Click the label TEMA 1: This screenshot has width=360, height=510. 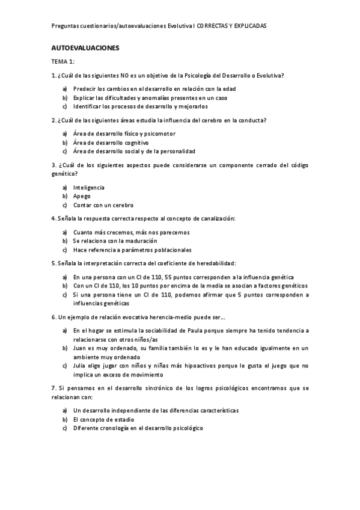(63, 62)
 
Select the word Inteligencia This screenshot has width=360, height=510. (88, 188)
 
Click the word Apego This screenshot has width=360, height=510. (82, 196)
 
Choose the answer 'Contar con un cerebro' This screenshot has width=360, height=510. (103, 205)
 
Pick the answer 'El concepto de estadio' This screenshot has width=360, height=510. (103, 419)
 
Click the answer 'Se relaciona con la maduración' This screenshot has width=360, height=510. (115, 241)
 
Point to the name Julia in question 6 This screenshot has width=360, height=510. (80, 365)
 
